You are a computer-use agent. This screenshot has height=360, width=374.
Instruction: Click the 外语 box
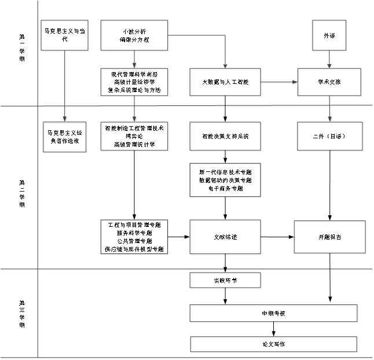(x=329, y=36)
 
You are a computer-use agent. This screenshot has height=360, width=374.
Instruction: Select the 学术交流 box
(x=330, y=83)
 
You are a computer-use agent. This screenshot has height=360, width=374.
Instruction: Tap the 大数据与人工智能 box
(x=226, y=83)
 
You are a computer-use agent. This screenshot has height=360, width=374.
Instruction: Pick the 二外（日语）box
(x=330, y=137)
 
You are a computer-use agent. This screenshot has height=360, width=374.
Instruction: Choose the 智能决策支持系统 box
(x=226, y=137)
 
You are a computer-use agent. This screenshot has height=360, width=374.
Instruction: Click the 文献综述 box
(x=226, y=237)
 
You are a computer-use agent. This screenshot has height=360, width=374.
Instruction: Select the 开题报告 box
(x=330, y=237)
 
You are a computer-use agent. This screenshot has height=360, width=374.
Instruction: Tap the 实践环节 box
(x=226, y=281)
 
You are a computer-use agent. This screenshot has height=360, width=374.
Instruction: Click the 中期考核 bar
(x=274, y=314)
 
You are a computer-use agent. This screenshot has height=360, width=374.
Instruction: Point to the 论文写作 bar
(x=274, y=345)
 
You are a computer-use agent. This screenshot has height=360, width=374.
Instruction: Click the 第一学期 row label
(x=23, y=49)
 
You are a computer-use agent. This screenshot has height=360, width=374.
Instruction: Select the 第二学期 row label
(x=23, y=193)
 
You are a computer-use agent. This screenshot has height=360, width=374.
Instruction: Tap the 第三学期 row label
(x=23, y=315)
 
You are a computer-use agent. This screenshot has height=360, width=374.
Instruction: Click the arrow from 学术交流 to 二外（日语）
(x=331, y=109)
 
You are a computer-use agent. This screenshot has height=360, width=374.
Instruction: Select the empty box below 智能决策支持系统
(x=226, y=180)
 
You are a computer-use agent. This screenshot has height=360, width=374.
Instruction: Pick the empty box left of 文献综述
(x=134, y=236)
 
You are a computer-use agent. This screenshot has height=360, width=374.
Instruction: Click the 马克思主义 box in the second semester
(x=65, y=137)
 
